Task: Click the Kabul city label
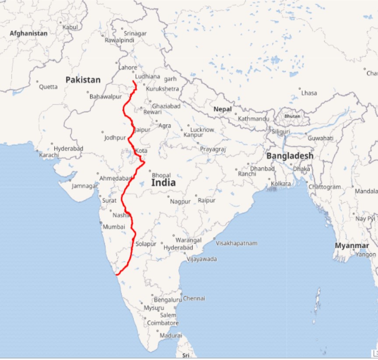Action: pos(70,27)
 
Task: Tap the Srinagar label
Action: pos(135,33)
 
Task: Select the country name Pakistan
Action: pos(83,80)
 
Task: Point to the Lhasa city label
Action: pos(309,93)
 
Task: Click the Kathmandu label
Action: pos(254,119)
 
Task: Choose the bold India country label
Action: pos(163,183)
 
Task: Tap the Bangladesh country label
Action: pos(290,156)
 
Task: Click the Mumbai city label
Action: pos(114,227)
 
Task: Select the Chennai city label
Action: pos(194,298)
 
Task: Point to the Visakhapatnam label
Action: pos(237,243)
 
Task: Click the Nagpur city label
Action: pos(180,201)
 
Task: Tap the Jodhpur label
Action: pos(115,138)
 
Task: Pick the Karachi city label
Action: pos(49,155)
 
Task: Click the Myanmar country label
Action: pos(349,246)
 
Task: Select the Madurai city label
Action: pos(171,335)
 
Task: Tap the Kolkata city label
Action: pos(280,184)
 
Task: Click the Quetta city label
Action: pos(48,87)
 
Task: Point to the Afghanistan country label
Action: pos(28,33)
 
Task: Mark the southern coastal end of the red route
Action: pos(116,275)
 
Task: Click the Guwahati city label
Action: pos(320,138)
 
